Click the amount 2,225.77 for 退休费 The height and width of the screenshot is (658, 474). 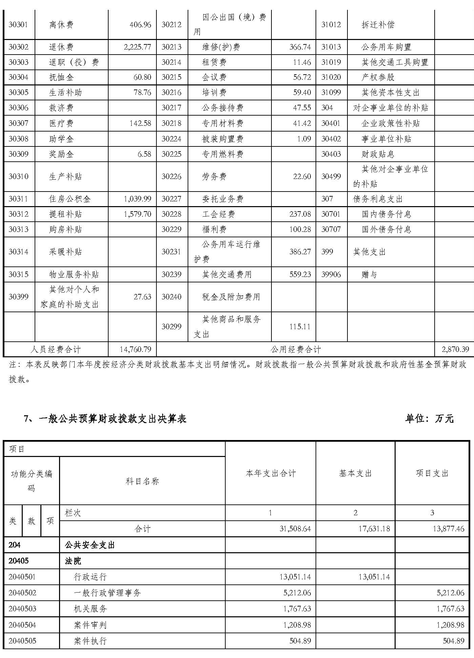137,47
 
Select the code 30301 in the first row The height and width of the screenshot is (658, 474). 18,25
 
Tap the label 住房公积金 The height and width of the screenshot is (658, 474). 70,199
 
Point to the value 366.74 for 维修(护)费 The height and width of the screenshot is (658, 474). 300,47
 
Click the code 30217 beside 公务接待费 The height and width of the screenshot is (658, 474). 171,108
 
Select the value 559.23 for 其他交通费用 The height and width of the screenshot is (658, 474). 300,274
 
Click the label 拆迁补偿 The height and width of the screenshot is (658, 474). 378,25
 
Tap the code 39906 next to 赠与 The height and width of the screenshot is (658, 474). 331,274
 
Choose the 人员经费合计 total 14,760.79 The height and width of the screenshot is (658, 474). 135,349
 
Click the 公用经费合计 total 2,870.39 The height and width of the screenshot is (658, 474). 455,349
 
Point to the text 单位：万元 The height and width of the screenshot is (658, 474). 429,419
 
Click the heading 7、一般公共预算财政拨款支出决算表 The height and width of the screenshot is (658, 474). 105,419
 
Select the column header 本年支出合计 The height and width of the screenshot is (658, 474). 270,473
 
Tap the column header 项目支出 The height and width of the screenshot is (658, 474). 432,473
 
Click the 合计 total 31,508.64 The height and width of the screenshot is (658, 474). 295,529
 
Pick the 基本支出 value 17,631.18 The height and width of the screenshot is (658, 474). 374,529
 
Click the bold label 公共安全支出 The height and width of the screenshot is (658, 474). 90,545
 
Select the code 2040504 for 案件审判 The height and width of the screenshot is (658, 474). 22,625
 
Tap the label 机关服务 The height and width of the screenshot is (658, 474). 90,609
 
